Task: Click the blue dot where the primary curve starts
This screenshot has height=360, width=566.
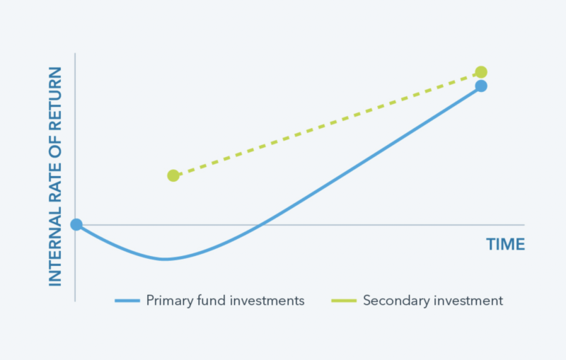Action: click(76, 224)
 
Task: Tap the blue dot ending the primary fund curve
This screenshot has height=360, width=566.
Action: click(481, 86)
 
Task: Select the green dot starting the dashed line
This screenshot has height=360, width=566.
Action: click(173, 175)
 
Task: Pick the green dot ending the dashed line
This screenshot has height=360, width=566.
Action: click(481, 72)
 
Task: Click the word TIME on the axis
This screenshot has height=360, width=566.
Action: click(505, 244)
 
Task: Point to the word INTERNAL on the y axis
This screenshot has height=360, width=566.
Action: click(55, 247)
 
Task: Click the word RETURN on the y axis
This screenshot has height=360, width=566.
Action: click(55, 98)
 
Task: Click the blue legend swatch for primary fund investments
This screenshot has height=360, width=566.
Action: click(127, 301)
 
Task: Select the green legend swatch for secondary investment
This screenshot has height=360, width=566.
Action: click(344, 301)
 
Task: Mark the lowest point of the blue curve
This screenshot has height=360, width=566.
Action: click(164, 259)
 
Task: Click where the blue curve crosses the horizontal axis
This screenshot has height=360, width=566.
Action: click(260, 225)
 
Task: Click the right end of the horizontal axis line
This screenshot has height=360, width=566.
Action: click(524, 225)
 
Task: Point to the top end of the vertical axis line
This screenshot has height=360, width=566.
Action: click(75, 53)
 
